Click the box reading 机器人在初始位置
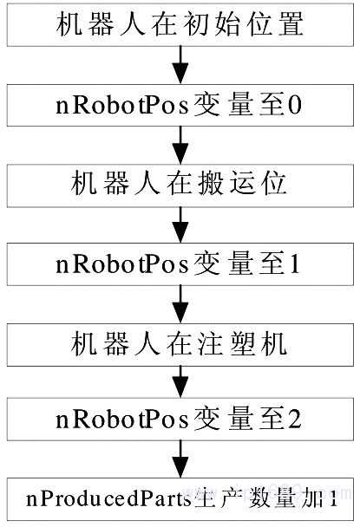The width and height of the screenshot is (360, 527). point(180,24)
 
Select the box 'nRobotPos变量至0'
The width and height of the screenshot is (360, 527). point(180,105)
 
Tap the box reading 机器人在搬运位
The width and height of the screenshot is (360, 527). point(180,185)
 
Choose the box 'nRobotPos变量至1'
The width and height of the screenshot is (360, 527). point(180,264)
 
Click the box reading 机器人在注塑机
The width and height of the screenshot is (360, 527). point(180,345)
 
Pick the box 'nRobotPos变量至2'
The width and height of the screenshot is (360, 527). point(180,420)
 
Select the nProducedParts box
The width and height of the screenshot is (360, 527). point(180,499)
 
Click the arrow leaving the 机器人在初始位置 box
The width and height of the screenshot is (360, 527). point(180,65)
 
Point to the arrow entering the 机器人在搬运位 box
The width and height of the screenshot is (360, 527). point(180,146)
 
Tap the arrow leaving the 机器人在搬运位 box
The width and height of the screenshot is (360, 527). point(180,224)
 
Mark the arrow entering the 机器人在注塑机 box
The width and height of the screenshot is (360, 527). point(180,304)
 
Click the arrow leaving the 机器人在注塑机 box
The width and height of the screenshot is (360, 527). point(180,382)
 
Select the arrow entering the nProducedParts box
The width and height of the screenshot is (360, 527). point(180,459)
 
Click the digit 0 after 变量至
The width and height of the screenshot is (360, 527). point(295,106)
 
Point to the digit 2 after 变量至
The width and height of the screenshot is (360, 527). point(295,420)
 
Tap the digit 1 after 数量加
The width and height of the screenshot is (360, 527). point(333,499)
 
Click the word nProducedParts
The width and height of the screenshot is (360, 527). point(109,499)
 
